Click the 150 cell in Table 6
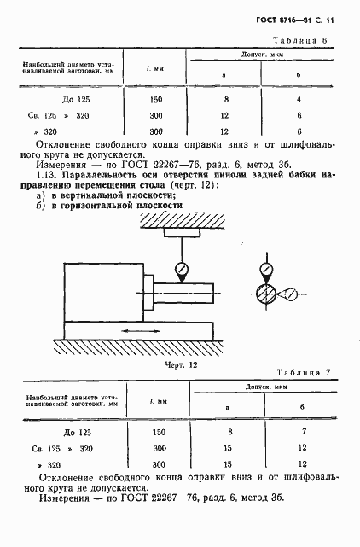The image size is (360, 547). point(155,100)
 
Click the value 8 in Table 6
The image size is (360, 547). point(224,100)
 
